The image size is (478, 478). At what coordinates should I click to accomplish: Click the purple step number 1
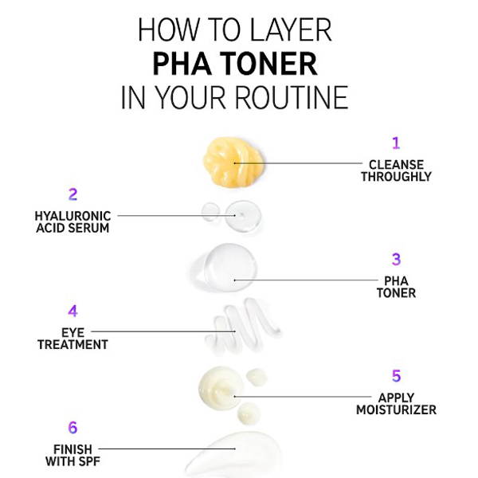[396, 143]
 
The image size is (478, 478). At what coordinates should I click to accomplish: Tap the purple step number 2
[72, 194]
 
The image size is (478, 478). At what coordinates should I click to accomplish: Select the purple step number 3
[396, 259]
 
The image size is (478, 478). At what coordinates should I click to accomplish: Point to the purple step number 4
[72, 311]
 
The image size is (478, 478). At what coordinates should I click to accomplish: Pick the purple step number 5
[396, 375]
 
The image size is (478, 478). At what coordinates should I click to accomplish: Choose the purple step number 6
[72, 427]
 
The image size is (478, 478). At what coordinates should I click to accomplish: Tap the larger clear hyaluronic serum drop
[243, 216]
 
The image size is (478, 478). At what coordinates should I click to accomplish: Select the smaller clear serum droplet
[210, 211]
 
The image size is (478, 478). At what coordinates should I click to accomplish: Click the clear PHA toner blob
[225, 267]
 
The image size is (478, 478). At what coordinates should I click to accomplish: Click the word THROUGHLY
[396, 177]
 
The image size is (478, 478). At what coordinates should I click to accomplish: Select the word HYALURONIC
[72, 216]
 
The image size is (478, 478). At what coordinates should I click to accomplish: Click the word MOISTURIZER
[396, 409]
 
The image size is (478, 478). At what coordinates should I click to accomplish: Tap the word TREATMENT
[72, 345]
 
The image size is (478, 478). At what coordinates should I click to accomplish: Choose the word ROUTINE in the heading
[292, 97]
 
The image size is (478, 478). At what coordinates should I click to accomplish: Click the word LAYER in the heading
[291, 30]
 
